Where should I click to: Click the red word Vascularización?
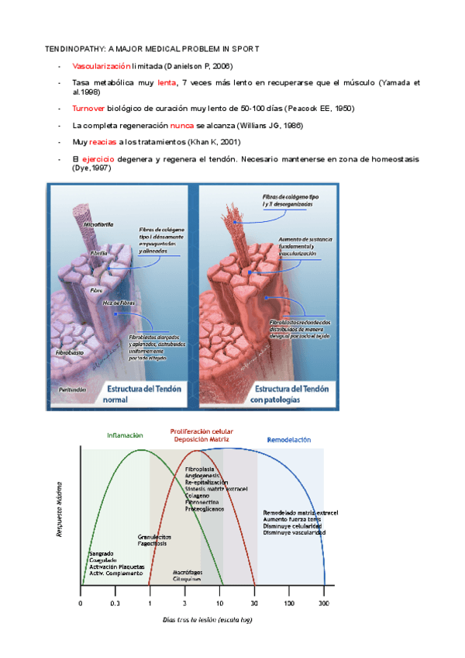[x=101, y=67]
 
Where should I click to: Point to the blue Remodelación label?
[x=289, y=439]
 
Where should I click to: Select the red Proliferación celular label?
[x=201, y=431]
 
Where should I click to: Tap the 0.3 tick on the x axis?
[x=115, y=603]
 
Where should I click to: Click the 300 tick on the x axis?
[x=323, y=603]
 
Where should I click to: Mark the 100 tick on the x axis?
[x=288, y=603]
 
